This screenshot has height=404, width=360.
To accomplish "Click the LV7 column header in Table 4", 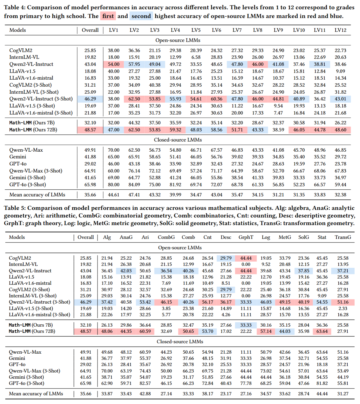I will click(x=237, y=30).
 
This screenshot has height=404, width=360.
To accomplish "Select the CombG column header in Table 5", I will click(x=166, y=237).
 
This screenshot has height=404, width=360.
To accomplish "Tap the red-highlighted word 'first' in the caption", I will click(x=108, y=16).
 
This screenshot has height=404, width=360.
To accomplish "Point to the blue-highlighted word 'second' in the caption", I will click(x=141, y=16).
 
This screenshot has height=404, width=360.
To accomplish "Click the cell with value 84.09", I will click(x=134, y=185).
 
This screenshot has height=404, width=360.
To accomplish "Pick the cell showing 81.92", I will click(x=175, y=185).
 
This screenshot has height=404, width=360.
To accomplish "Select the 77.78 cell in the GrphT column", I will click(x=246, y=383).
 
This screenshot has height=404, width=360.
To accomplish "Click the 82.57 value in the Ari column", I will click(x=145, y=383).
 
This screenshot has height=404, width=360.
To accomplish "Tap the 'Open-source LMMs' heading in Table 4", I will click(x=178, y=40).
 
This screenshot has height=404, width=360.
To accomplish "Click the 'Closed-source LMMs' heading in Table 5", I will click(x=180, y=342).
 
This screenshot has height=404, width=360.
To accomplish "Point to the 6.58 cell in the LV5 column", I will click(x=196, y=57).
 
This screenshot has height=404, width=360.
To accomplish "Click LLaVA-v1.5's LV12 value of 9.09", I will click(x=340, y=71).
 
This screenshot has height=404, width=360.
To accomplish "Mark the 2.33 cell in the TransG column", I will click(x=343, y=308).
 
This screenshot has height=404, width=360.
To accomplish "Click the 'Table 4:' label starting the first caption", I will click(x=14, y=7).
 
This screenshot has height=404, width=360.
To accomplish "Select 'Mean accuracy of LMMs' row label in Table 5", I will click(x=36, y=394).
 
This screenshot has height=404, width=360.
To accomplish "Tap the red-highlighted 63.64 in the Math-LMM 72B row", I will click(x=322, y=331).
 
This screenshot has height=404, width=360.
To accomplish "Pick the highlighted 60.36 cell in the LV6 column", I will click(x=216, y=99).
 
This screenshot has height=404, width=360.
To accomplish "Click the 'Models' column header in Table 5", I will click(x=17, y=237).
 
